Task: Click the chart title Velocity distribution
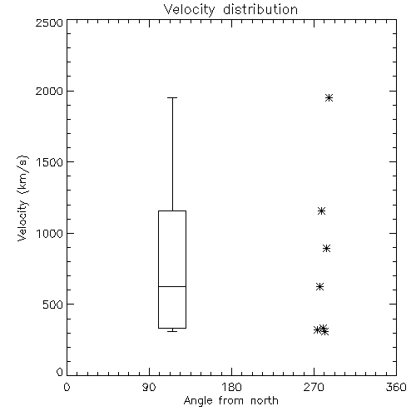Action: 230,9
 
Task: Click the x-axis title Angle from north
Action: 230,400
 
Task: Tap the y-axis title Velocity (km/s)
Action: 22,198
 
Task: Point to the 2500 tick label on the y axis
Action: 49,22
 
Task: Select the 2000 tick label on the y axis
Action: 49,91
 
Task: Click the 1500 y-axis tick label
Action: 50,162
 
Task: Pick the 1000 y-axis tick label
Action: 50,234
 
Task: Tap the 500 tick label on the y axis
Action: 53,305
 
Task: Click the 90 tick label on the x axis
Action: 149,387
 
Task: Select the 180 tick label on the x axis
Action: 231,387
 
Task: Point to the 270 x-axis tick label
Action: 314,387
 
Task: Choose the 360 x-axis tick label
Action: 396,387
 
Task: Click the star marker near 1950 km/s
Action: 329,97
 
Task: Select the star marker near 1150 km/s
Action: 321,211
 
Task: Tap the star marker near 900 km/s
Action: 327,248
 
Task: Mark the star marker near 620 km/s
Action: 320,286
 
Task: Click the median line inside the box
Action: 172,286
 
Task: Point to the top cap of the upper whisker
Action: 172,97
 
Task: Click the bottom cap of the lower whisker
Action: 172,331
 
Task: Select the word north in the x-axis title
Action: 265,400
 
